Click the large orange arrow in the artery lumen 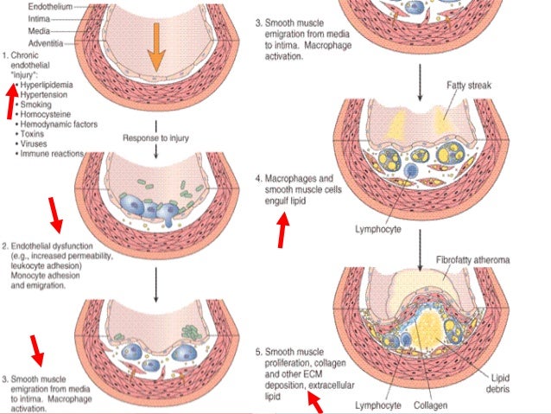[155, 48]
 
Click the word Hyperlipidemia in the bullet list [50, 87]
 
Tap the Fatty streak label [470, 86]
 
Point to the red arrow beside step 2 [54, 214]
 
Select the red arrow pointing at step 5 [313, 402]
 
